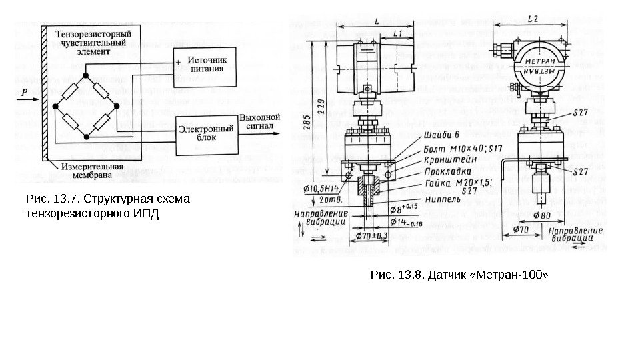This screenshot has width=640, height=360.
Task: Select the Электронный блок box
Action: [205, 133]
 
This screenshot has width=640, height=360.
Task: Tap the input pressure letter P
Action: [24, 94]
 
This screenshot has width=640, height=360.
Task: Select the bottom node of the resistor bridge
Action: [87, 137]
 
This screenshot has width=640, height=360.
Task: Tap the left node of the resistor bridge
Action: [56, 105]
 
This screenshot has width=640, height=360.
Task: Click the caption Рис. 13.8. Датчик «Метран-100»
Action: [457, 274]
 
